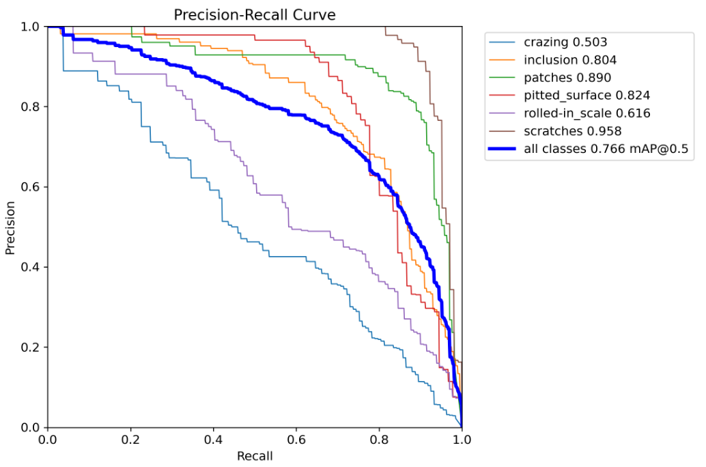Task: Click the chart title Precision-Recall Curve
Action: coord(255,14)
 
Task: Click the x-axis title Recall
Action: coord(255,455)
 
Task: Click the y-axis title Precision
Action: coord(10,227)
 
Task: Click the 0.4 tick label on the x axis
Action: coord(213,440)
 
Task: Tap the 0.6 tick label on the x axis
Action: coord(296,440)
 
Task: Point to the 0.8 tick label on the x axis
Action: coord(379,440)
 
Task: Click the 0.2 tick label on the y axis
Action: coord(31,348)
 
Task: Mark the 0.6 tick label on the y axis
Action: coord(31,187)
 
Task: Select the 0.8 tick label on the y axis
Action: coord(31,107)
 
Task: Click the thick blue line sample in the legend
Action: coord(504,148)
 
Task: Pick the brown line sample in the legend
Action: coord(504,130)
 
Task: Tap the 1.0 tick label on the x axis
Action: coord(462,440)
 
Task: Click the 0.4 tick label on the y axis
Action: coord(31,267)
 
